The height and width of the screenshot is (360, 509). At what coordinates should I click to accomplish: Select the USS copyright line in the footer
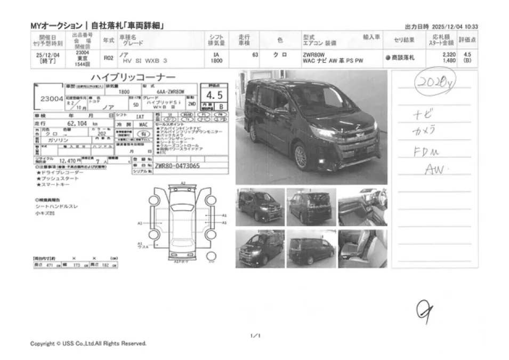pyautogui.click(x=88, y=343)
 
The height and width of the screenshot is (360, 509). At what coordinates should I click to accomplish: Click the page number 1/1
pyautogui.click(x=255, y=335)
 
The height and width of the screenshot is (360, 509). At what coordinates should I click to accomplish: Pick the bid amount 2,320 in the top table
pyautogui.click(x=448, y=55)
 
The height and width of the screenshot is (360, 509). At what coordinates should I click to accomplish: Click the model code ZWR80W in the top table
pyautogui.click(x=314, y=55)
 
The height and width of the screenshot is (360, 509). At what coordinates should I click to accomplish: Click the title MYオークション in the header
pyautogui.click(x=56, y=26)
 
